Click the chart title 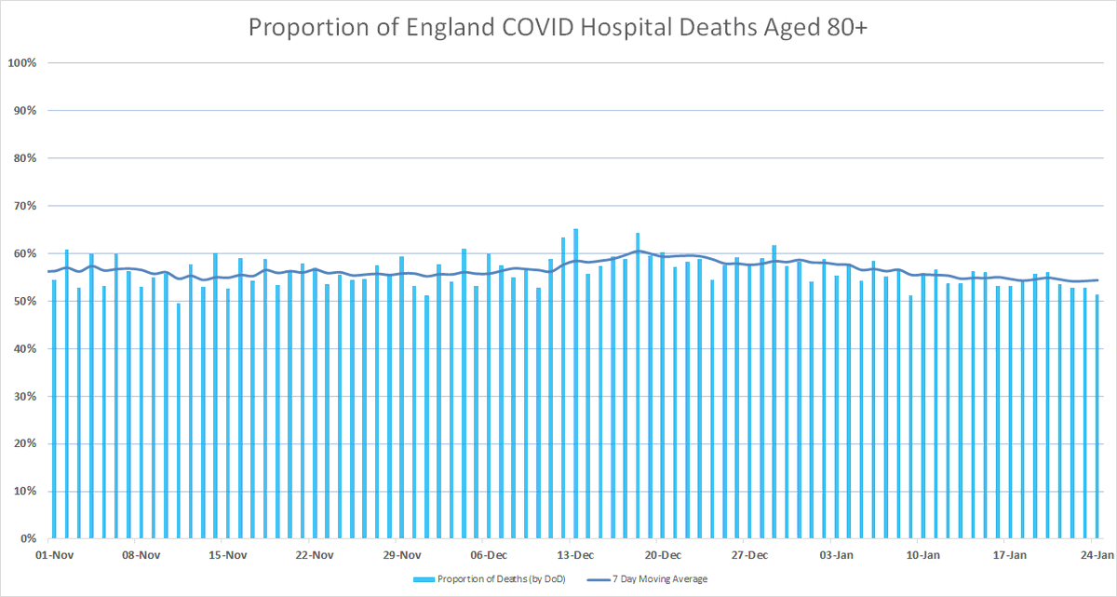pos(558,28)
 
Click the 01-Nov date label pos(54,555)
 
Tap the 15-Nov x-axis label pos(228,555)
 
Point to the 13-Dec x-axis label pos(576,555)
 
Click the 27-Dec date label pos(750,555)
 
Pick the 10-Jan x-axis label pos(923,555)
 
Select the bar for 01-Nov pos(54,409)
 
